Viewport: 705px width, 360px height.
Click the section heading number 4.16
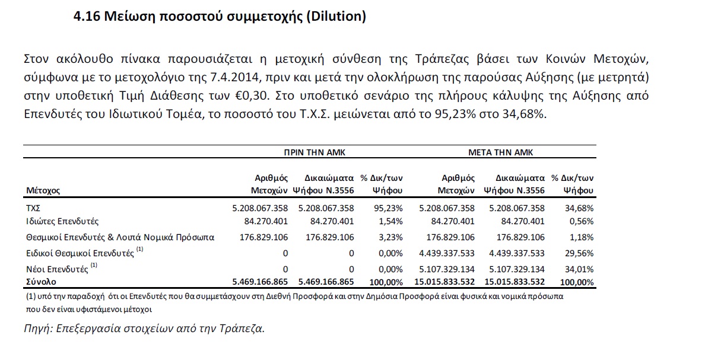[x=86, y=17]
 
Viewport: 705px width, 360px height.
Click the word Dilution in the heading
[x=335, y=17]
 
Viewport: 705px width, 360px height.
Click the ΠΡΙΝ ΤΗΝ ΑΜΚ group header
[x=315, y=152]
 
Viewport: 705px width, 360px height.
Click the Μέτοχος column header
[x=43, y=191]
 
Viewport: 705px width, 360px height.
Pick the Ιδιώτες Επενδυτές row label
[x=62, y=222]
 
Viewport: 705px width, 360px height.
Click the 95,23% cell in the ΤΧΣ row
[x=390, y=208]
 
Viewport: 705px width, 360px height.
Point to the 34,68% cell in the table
[x=580, y=208]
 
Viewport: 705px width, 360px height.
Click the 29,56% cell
[x=580, y=253]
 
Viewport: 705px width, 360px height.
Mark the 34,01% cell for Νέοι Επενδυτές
[x=580, y=270]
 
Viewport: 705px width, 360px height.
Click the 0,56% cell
[x=582, y=222]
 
